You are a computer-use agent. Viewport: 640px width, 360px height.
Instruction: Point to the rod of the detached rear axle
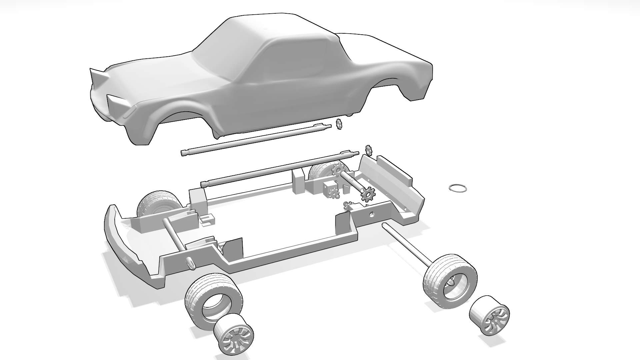[407, 245]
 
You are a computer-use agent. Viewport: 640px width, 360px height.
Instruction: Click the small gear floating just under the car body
[339, 124]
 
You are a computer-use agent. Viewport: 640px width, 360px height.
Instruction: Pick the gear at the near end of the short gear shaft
[368, 194]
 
